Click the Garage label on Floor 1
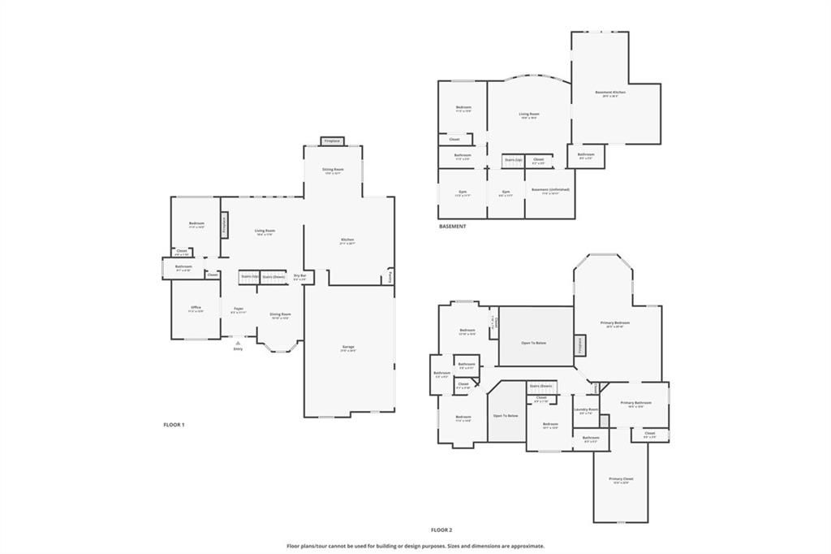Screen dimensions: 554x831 coord(348,347)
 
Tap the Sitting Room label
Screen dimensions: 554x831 coord(333,170)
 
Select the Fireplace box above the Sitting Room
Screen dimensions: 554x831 coord(332,141)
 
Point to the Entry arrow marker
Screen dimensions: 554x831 coord(238,344)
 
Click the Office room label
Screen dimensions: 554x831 coord(196,308)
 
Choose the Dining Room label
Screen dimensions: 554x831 coord(280,314)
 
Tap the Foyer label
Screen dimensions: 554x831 coord(239,309)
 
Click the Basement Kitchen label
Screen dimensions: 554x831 coord(610,93)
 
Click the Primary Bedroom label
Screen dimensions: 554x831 coord(615,323)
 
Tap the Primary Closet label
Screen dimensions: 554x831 coord(622,479)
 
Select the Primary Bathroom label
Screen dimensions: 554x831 coord(636,404)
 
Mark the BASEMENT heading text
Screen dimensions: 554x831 coord(452,227)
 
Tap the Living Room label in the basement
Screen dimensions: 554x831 coord(529,115)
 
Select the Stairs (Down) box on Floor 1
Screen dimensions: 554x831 coord(273,277)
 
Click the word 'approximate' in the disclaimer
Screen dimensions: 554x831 coord(525,546)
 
